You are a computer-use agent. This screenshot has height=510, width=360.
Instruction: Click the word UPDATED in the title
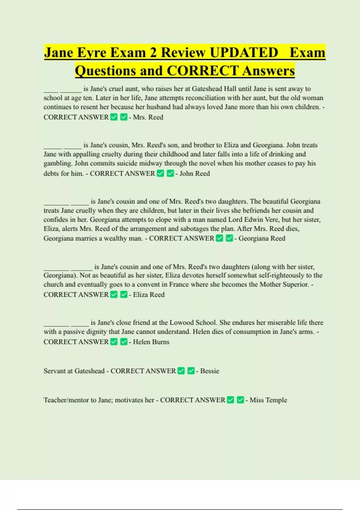tap(244, 52)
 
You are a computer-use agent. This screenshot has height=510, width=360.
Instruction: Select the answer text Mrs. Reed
tap(148, 117)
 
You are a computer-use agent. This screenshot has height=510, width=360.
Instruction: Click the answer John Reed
tap(194, 174)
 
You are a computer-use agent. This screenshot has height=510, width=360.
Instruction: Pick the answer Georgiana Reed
tap(262, 238)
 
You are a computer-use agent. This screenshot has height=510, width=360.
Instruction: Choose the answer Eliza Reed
tap(148, 295)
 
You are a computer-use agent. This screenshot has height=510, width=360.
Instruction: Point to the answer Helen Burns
tap(151, 342)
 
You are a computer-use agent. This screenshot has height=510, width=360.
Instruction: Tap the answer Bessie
tap(209, 371)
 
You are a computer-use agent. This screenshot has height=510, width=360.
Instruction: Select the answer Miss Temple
tap(268, 400)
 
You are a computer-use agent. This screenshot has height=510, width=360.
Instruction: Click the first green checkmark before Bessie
tap(181, 371)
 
